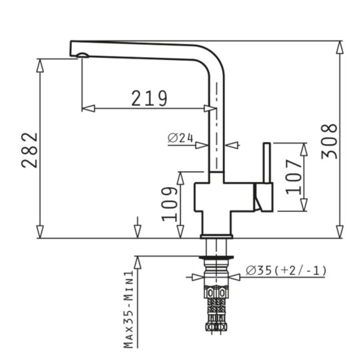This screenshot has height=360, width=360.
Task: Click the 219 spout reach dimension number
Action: [x=149, y=98]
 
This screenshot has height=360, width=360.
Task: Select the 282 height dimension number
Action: [x=30, y=150]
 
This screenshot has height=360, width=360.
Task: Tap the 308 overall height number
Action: [x=329, y=141]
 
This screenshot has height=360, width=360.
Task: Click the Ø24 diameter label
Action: [x=180, y=138]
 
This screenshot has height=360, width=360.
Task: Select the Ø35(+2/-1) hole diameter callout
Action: [x=286, y=270]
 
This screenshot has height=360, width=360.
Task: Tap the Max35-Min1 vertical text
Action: [x=129, y=309]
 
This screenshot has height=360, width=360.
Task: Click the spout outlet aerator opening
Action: [x=82, y=55]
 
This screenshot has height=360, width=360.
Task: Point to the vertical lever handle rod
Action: [x=266, y=163]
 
